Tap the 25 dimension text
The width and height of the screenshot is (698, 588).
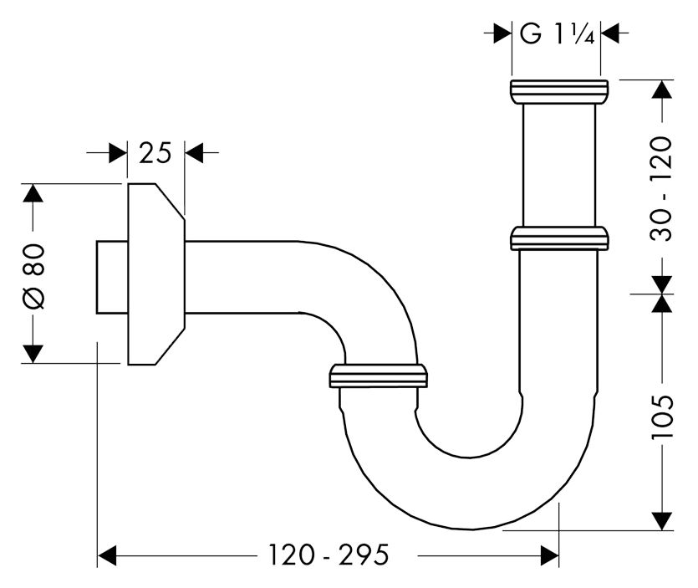[155, 153]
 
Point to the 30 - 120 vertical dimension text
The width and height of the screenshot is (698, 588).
[661, 187]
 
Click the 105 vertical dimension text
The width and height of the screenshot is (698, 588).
[661, 416]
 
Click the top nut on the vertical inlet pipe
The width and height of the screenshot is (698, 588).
[558, 91]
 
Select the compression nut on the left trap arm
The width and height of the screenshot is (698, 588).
[379, 376]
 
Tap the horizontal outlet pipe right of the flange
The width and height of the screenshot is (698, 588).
[242, 277]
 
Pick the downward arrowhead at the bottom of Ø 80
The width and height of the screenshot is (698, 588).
[33, 353]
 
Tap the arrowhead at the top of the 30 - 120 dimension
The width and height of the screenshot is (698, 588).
[661, 89]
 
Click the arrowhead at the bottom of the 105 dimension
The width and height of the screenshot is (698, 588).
[661, 520]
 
